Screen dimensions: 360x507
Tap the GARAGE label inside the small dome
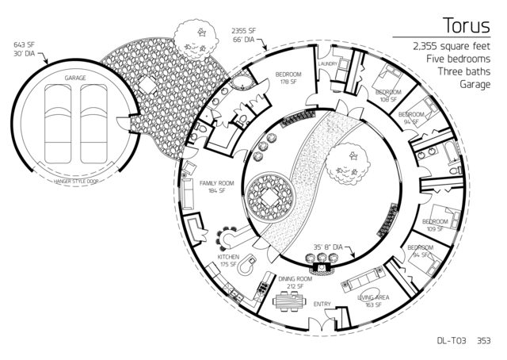click(x=76, y=79)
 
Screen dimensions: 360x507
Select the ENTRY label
click(x=322, y=304)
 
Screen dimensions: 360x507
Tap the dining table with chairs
click(x=288, y=301)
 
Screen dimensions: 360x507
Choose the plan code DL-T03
click(x=452, y=342)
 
